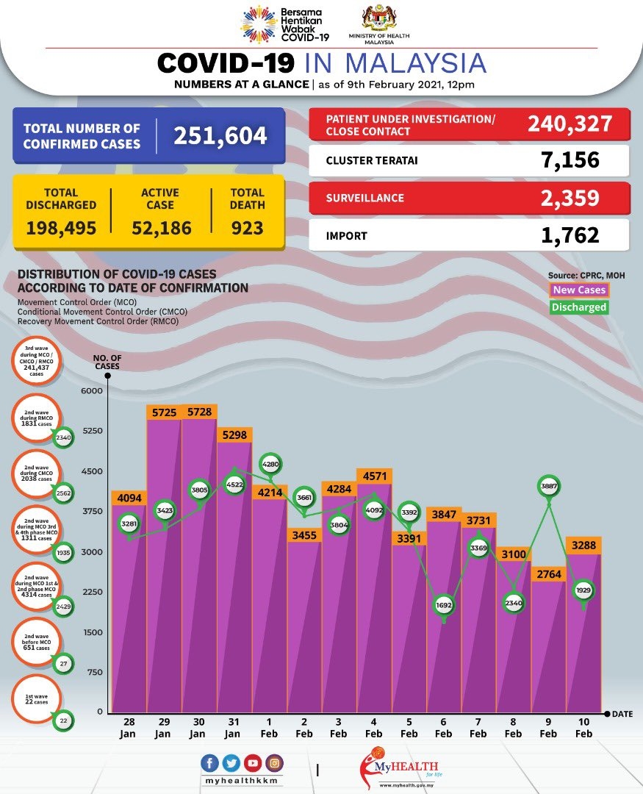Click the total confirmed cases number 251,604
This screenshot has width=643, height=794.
[220, 136]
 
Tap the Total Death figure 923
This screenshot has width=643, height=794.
[248, 228]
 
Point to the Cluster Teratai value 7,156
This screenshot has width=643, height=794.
[567, 160]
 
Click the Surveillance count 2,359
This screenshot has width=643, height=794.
[567, 197]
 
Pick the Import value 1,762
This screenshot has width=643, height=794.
[567, 235]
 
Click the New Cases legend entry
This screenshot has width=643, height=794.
[579, 290]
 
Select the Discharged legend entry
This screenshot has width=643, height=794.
[579, 307]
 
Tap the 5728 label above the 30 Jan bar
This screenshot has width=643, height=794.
[198, 412]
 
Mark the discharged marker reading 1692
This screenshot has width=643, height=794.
[444, 605]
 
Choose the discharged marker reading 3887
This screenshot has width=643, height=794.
[548, 486]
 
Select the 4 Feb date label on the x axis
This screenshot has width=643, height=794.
[373, 729]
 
